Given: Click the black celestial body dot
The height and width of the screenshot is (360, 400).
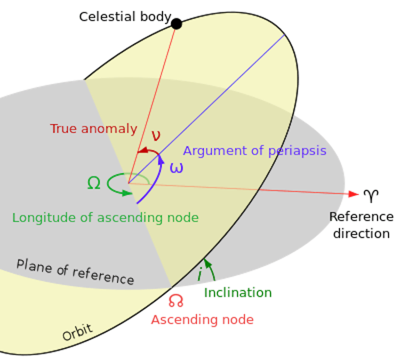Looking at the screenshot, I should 177,23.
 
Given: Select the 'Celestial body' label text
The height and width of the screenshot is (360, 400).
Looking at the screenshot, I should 125,17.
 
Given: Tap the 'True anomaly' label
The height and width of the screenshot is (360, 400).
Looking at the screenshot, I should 93,129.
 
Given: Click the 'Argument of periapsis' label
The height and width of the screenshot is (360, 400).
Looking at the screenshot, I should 254,150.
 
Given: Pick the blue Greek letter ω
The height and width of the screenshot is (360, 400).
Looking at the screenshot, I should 176,167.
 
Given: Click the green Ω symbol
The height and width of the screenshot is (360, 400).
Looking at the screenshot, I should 93,183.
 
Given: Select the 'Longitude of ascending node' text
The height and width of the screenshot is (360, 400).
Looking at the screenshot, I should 105,218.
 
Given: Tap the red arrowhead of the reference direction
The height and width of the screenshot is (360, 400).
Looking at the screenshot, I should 353,194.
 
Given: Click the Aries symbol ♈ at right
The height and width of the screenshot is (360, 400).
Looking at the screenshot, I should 371,196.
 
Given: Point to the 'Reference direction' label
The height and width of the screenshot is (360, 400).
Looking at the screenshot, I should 362,225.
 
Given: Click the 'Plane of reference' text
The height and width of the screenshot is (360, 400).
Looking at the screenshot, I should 75,271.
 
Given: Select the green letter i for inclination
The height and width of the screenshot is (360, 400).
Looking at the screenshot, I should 199,274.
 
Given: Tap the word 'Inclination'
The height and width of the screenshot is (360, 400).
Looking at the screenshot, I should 238,293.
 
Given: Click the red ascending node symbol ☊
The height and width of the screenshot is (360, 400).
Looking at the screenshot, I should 175,301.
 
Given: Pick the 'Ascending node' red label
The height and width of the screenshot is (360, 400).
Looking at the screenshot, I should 202,319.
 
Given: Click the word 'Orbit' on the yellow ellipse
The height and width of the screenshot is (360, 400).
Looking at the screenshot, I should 78,333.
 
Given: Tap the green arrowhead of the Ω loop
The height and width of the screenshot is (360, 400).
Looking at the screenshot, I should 126,192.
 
